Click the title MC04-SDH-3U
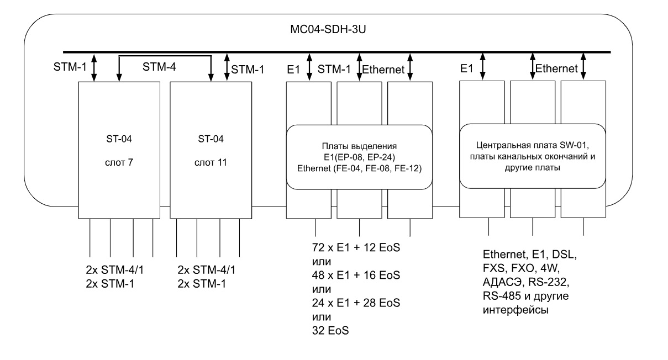(x=328, y=29)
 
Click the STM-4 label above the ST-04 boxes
(x=159, y=67)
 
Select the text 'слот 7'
(x=119, y=162)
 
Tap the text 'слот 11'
(x=211, y=162)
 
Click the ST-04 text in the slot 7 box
(x=119, y=139)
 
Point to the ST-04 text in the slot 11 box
(x=211, y=139)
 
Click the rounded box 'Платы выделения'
(x=359, y=157)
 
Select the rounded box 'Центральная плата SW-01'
(x=533, y=156)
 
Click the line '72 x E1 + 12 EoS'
(x=356, y=247)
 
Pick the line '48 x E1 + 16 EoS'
(x=356, y=275)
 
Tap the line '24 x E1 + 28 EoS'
(x=356, y=303)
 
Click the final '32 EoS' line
(x=330, y=331)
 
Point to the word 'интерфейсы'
(x=516, y=310)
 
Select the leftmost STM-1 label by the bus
(x=70, y=67)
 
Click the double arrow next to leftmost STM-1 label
(x=94, y=68)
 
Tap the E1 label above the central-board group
(x=467, y=68)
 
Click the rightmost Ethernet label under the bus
(x=556, y=68)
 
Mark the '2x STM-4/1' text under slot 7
(x=115, y=270)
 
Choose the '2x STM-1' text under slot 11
(x=202, y=284)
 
